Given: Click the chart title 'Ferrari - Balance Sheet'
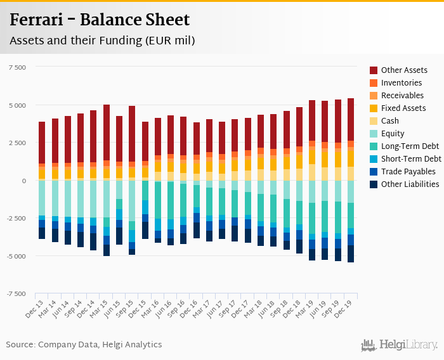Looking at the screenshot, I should point(100,20).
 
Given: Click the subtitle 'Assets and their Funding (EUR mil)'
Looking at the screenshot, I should point(102,41).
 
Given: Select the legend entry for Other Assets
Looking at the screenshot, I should point(404,70).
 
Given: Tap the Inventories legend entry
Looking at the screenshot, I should point(401,83).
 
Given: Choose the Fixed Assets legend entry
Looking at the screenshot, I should point(403,108).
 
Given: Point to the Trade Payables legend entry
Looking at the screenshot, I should point(408,172).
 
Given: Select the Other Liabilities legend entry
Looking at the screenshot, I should point(410,184).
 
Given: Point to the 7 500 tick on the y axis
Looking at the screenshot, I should point(17,67).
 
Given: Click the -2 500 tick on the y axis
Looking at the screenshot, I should point(16,219).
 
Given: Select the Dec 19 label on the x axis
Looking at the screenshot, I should point(346,307).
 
